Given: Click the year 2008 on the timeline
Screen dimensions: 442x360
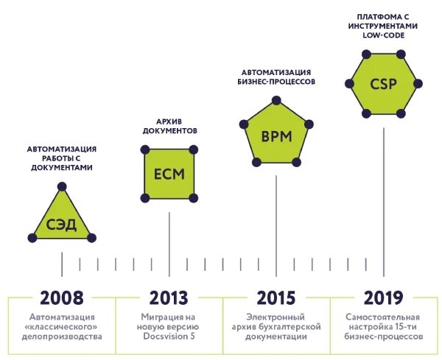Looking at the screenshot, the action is tap(62, 297).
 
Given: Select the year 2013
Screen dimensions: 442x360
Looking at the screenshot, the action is tap(169, 297).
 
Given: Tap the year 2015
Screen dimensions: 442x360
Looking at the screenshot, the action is tap(276, 297).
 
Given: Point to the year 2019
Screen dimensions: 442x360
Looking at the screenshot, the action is tap(383, 297).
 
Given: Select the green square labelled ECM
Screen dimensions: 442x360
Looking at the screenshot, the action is tap(169, 174).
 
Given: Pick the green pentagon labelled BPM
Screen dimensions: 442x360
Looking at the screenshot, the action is tap(276, 136).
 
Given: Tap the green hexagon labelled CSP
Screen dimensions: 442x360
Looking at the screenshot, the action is tap(383, 82).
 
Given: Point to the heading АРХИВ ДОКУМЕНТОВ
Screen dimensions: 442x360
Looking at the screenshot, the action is tap(169, 125).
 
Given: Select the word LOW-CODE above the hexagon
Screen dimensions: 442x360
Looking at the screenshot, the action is tap(383, 34).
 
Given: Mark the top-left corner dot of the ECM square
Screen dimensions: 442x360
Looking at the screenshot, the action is tap(145, 149).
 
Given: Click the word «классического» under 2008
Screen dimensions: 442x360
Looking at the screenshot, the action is tap(62, 325).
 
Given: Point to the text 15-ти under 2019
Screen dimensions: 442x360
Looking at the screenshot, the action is tap(410, 325).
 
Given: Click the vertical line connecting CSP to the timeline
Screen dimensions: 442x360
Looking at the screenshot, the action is tap(383, 191).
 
